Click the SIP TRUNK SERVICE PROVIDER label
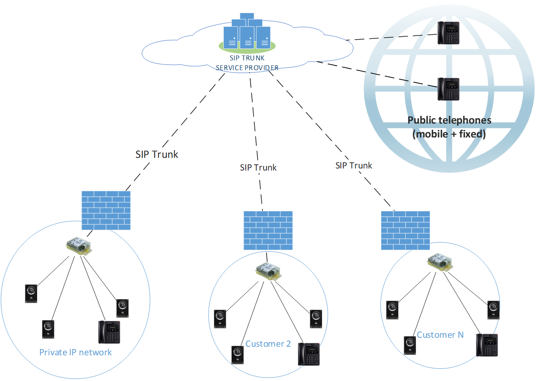click(247, 63)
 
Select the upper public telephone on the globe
click(449, 33)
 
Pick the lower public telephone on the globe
click(449, 89)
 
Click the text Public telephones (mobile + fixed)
click(449, 127)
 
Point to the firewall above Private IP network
click(106, 210)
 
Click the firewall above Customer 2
click(268, 230)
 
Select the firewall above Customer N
click(405, 230)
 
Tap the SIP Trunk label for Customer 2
click(258, 167)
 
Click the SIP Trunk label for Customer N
click(353, 165)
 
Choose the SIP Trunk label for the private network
click(157, 154)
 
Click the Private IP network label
click(76, 352)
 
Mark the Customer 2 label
click(268, 343)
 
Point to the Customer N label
click(440, 334)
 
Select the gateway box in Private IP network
click(79, 245)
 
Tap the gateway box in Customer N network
click(440, 261)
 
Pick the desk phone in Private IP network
click(109, 332)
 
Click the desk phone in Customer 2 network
click(309, 354)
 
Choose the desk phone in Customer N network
click(487, 345)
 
